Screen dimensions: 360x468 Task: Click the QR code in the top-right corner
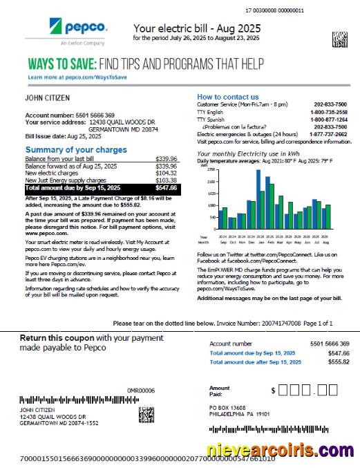click(339, 37)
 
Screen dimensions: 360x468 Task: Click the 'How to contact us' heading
click(228, 97)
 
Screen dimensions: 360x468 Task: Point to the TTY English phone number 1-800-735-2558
click(329, 111)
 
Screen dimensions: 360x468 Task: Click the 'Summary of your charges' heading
click(76, 150)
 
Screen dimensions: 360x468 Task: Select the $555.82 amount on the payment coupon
click(339, 362)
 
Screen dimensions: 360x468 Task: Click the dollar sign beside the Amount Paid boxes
click(274, 391)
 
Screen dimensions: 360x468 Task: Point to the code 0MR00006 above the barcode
click(141, 391)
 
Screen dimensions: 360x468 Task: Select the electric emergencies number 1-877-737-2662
click(329, 134)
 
